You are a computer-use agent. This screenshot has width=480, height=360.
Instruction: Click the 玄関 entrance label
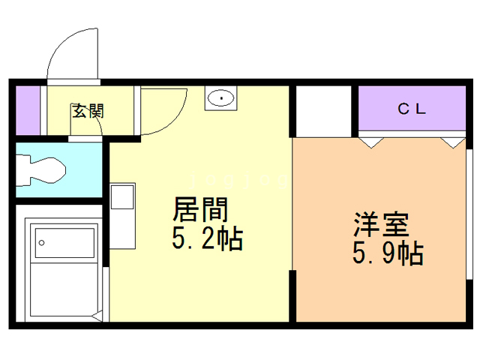pyautogui.click(x=88, y=111)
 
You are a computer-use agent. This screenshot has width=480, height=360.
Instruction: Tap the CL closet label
pyautogui.click(x=412, y=109)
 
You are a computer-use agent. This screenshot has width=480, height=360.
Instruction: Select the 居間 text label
pyautogui.click(x=200, y=209)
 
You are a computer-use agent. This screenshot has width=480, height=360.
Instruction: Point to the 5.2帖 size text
pyautogui.click(x=207, y=238)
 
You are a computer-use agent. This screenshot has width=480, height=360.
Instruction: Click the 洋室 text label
pyautogui.click(x=382, y=224)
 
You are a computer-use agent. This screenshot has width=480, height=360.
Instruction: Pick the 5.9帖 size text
pyautogui.click(x=388, y=253)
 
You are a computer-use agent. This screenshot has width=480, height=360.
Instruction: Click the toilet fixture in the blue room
pyautogui.click(x=41, y=170)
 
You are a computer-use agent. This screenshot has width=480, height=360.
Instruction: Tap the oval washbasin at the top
pyautogui.click(x=220, y=98)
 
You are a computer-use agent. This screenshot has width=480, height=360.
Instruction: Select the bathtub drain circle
pyautogui.click(x=42, y=243)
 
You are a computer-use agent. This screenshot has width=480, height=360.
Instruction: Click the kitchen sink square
pyautogui.click(x=122, y=197)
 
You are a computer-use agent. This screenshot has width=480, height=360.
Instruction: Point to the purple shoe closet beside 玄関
pyautogui.click(x=28, y=110)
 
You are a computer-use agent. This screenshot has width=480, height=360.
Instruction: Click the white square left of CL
pyautogui.click(x=323, y=112)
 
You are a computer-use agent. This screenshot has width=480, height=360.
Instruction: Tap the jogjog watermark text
pyautogui.click(x=239, y=180)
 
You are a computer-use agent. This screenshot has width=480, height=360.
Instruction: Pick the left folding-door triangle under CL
pyautogui.click(x=371, y=142)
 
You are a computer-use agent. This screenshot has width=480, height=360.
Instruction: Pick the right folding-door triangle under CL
pyautogui.click(x=453, y=142)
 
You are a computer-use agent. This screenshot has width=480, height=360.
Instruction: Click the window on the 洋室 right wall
pyautogui.click(x=469, y=214)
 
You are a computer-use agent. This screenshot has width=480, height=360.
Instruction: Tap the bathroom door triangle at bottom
pyautogui.click(x=97, y=316)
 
